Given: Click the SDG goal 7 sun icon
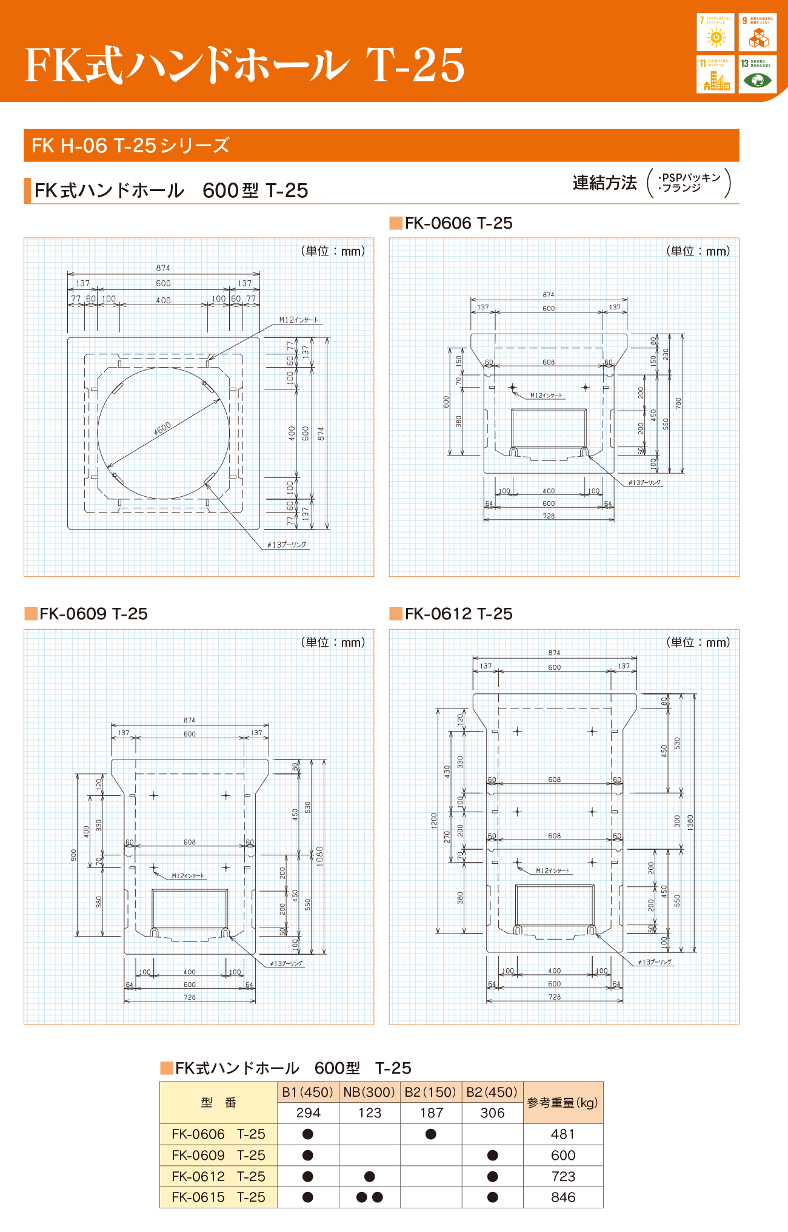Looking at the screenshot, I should [x=716, y=37].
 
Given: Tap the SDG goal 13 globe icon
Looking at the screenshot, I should [x=757, y=79].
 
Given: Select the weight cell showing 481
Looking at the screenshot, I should [x=563, y=1134].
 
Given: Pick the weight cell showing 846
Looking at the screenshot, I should [x=563, y=1197].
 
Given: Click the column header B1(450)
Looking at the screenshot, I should [x=308, y=1092].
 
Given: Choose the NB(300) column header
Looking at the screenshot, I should [x=369, y=1092].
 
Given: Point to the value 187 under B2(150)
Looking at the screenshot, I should [x=431, y=1113].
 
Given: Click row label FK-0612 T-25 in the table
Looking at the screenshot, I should [x=218, y=1176].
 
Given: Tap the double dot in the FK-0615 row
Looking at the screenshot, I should [x=369, y=1197].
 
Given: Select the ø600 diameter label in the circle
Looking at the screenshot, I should [x=162, y=429].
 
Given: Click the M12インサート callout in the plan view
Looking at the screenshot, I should [x=298, y=320].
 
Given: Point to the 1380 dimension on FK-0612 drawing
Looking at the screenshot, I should [x=690, y=822].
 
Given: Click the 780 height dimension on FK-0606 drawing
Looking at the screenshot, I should [x=678, y=402].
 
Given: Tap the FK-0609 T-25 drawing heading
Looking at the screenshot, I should [x=93, y=613].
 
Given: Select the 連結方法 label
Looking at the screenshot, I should [x=604, y=183].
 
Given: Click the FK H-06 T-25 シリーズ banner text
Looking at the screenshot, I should [x=130, y=146].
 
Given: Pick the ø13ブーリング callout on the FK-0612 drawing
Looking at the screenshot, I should [x=655, y=961].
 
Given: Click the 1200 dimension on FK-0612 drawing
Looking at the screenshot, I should [x=434, y=821].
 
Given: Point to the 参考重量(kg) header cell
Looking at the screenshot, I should [x=563, y=1102].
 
